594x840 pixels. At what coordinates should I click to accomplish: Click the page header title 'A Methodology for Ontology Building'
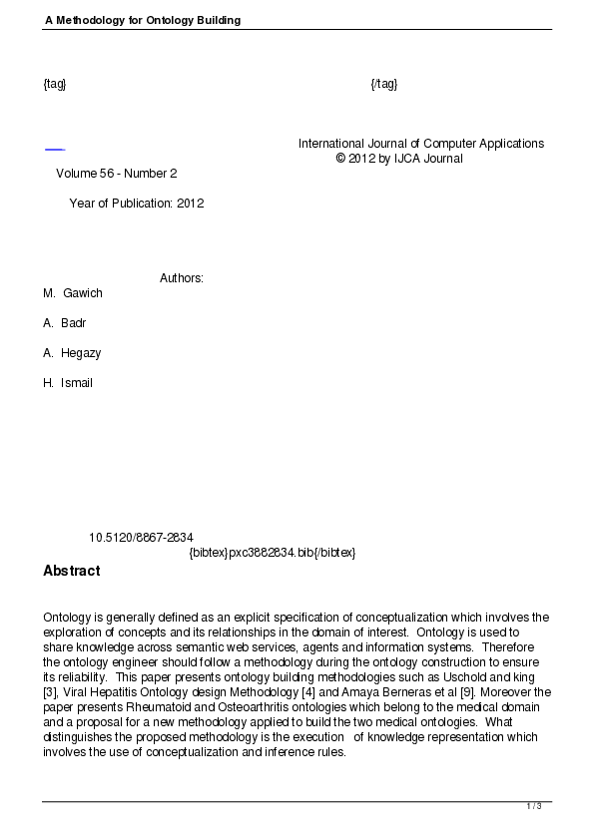(x=143, y=20)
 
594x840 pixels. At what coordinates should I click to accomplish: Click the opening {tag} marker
(x=55, y=83)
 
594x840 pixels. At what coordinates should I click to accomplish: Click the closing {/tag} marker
(x=384, y=83)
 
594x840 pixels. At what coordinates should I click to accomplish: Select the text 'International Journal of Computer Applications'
(x=421, y=144)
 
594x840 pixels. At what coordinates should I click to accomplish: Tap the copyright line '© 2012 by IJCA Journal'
(x=399, y=159)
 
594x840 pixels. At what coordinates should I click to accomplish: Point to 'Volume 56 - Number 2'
(x=117, y=174)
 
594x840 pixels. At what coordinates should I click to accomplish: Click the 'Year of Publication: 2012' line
(x=137, y=204)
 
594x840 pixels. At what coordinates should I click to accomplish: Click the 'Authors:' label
(x=182, y=278)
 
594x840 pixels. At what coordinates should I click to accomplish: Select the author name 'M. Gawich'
(x=73, y=293)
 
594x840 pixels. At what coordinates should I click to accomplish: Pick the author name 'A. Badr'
(x=65, y=323)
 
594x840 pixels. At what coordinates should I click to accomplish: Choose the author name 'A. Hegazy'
(x=72, y=353)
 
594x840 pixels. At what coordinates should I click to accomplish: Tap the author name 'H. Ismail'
(x=68, y=383)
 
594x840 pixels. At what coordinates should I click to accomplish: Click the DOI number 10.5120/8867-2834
(x=141, y=538)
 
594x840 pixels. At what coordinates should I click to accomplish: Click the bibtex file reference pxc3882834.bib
(x=273, y=553)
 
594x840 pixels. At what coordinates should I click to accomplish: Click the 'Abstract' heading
(x=72, y=572)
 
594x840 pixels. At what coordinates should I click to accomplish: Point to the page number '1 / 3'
(x=534, y=806)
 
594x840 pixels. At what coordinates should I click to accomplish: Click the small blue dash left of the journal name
(x=55, y=150)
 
